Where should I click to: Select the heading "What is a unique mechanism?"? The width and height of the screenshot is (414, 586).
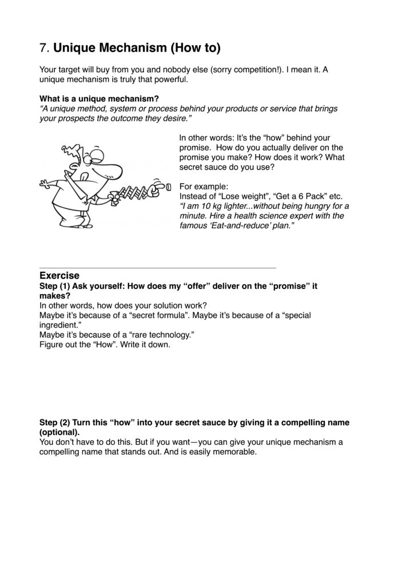pos(99,98)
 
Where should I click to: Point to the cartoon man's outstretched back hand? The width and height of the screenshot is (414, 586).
pos(45,185)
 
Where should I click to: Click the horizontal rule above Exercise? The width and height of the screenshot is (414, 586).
pos(157,268)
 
